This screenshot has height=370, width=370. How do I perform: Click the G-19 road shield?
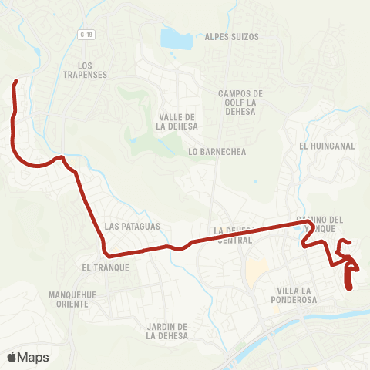click(86, 35)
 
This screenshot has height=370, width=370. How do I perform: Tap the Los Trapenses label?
click(86, 69)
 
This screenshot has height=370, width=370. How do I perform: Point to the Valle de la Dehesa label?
click(177, 121)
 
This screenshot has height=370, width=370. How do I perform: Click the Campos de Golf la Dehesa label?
click(240, 104)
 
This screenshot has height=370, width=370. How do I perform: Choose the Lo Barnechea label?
click(217, 152)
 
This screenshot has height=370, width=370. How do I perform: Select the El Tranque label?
click(104, 267)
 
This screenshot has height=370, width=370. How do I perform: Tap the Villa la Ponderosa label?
click(296, 295)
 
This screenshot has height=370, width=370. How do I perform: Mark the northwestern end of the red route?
click(15, 81)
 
